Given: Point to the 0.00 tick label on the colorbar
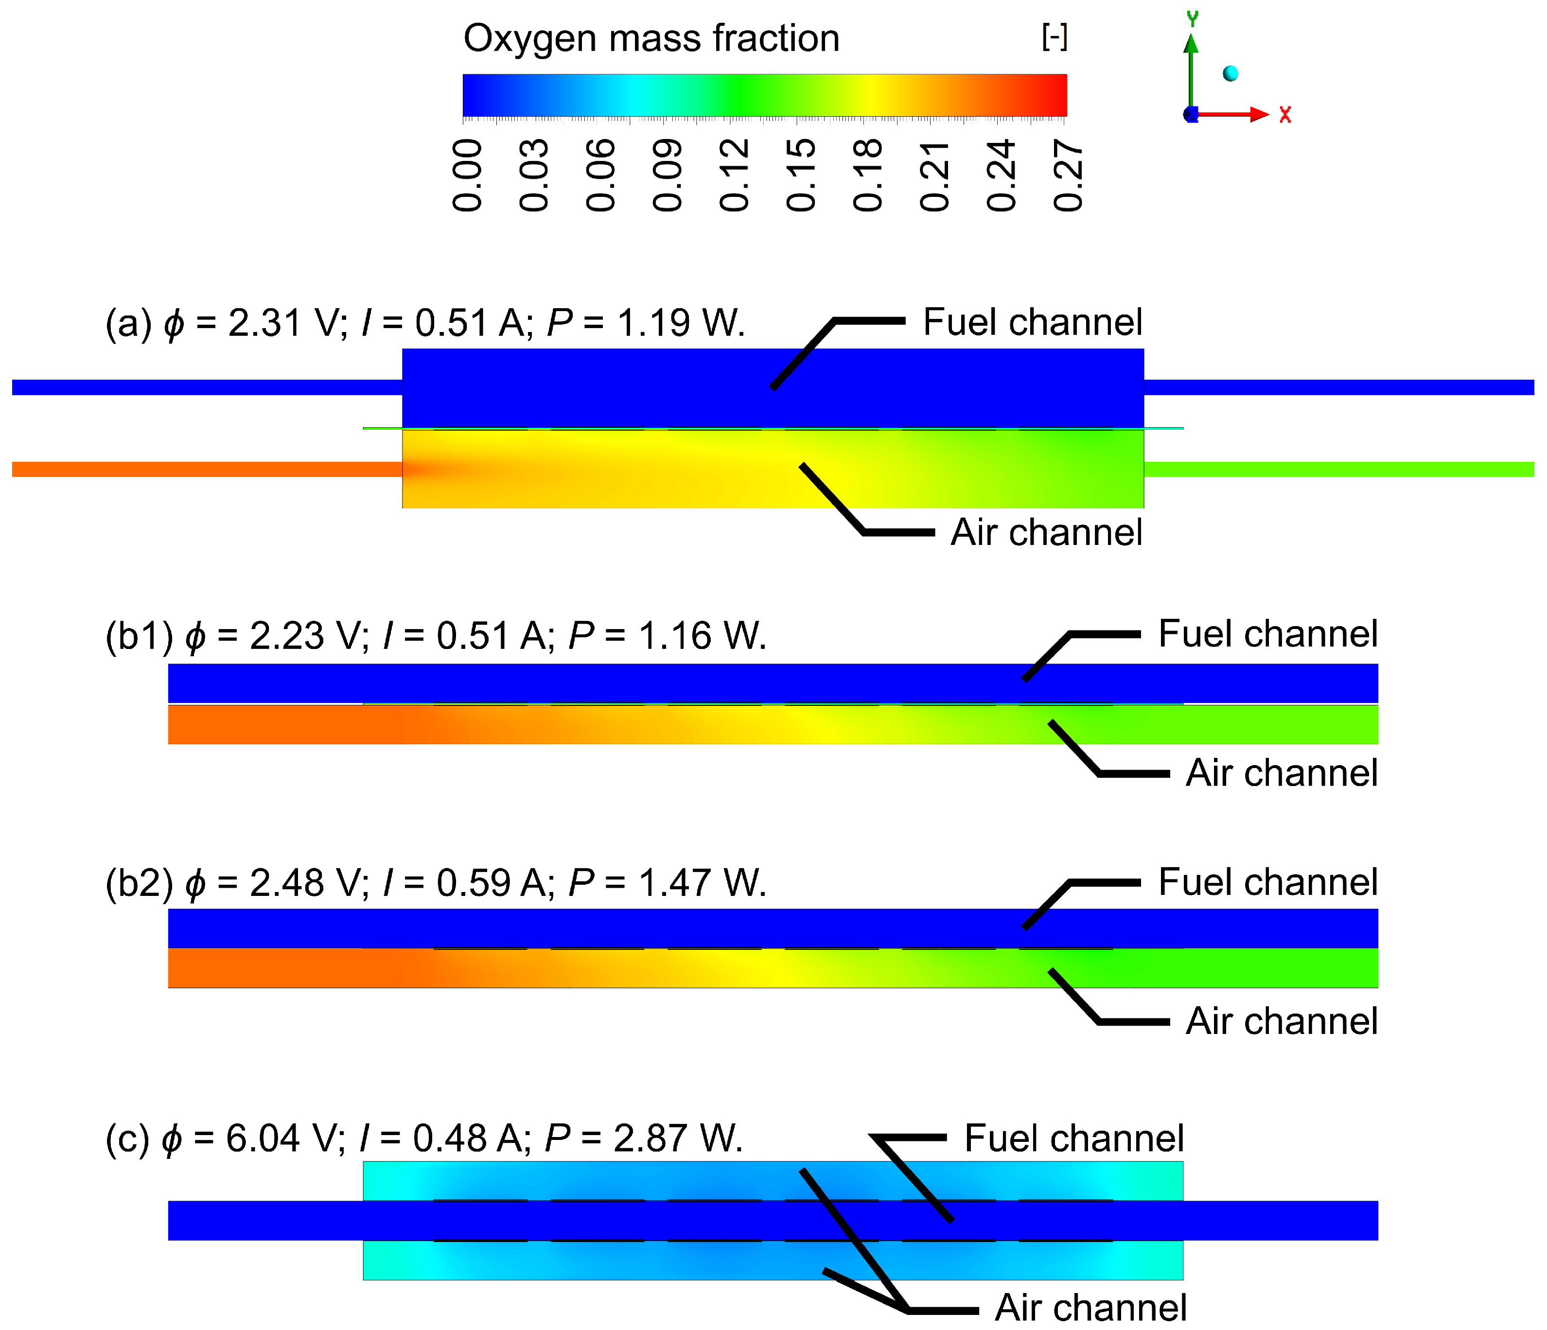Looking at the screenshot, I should click(x=467, y=175).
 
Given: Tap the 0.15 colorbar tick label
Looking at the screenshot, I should click(x=801, y=175).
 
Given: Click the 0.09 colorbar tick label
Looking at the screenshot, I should click(x=668, y=175).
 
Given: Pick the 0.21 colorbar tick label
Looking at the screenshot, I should click(x=935, y=175).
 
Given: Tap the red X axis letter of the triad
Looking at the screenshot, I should click(x=1285, y=115).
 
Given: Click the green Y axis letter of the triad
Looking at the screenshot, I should click(x=1193, y=18).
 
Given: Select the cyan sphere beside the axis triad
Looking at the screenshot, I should click(x=1231, y=73).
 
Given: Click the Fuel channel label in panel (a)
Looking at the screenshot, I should click(x=1033, y=322).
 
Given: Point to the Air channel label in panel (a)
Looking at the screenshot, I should click(x=1046, y=533).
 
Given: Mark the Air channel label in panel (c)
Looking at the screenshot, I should click(x=1090, y=1308).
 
